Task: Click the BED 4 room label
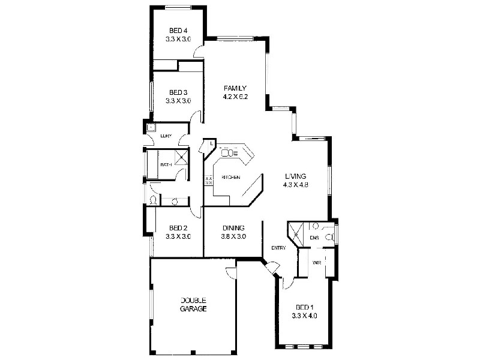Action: point(178,31)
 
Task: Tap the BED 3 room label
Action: point(178,92)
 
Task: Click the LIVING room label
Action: point(296,176)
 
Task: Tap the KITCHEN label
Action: point(231,178)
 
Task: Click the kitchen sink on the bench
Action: point(230,152)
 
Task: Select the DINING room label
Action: point(233,228)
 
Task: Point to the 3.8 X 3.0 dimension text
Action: point(233,236)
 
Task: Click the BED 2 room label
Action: point(178,228)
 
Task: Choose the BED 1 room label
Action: point(302,307)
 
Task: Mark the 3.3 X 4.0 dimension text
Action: point(302,316)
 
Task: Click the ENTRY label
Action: point(278,248)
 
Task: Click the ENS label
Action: point(314,238)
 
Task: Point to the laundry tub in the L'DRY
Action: point(151,127)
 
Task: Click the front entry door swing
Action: point(272,268)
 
